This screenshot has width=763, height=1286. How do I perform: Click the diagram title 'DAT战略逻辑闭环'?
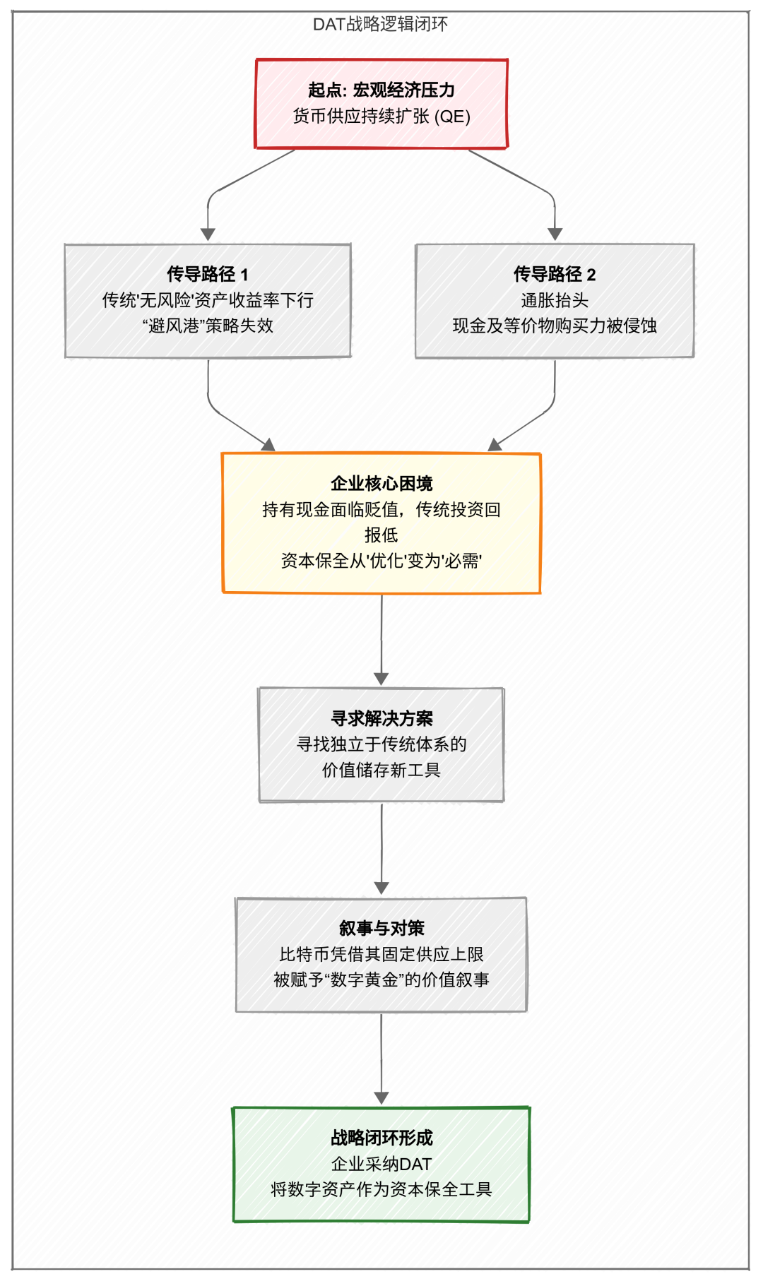point(380,24)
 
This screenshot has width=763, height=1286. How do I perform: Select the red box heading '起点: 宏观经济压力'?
point(381,90)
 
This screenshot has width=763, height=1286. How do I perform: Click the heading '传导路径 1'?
point(208,274)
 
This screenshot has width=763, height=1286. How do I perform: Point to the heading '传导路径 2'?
point(555,274)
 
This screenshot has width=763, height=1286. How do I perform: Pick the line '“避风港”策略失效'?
point(208,326)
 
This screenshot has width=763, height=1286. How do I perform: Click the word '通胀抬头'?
point(555,300)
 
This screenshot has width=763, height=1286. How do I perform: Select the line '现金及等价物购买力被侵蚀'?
point(555,326)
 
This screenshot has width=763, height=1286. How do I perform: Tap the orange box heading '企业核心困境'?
point(381,484)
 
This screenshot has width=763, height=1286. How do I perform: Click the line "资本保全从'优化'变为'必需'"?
point(381,561)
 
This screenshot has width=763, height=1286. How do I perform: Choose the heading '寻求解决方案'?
point(381,719)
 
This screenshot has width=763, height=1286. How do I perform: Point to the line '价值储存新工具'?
point(381,770)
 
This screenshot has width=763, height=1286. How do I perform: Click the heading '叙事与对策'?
point(381,929)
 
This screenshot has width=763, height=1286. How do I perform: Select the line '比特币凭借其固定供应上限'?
point(381,954)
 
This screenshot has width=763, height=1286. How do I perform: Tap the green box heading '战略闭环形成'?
point(381,1138)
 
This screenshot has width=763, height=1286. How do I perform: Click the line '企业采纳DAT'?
point(381,1164)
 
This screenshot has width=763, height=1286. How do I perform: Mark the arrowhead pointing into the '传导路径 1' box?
point(208,234)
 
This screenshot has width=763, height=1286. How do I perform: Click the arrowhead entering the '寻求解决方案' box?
point(381,679)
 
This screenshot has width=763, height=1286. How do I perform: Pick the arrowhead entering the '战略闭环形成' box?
point(381,1098)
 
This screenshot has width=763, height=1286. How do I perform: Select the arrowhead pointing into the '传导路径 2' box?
point(555,234)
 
